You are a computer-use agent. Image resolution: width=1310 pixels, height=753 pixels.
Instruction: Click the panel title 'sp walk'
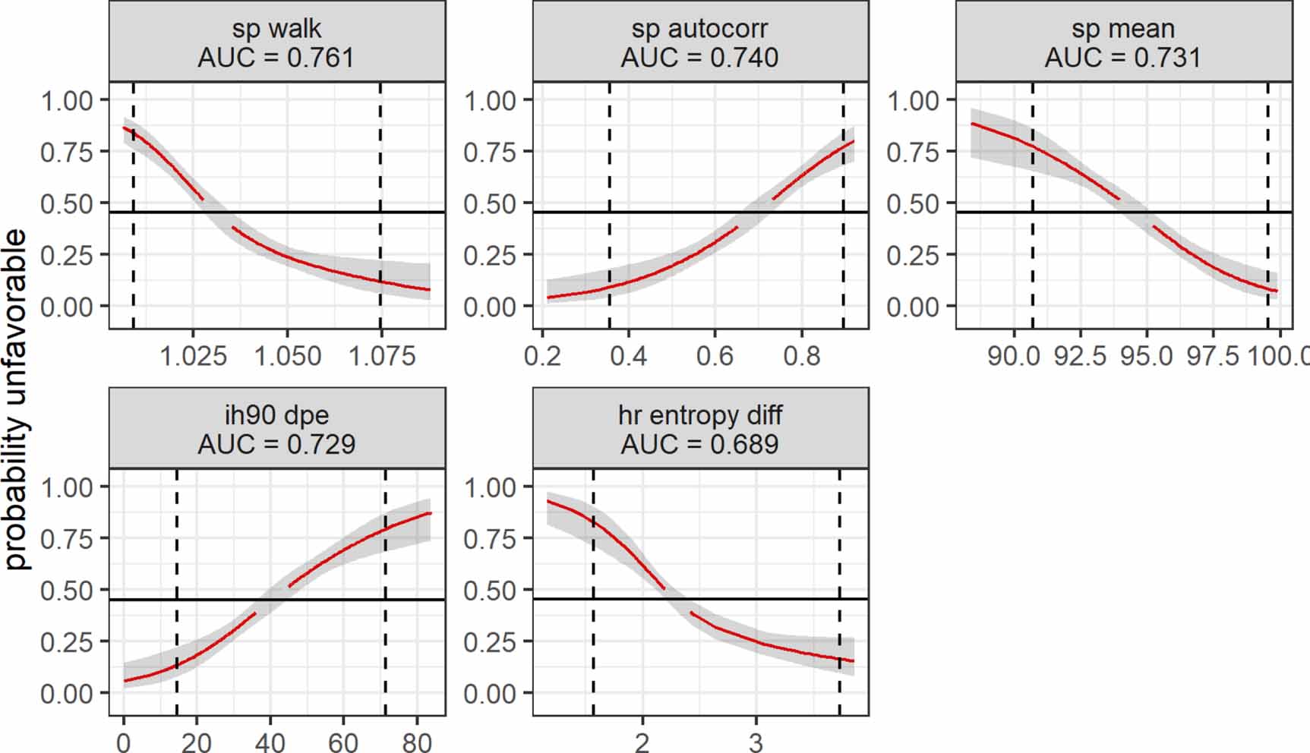276,29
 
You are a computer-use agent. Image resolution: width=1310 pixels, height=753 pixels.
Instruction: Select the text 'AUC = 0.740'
699,58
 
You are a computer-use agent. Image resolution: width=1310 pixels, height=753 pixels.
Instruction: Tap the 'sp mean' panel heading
1122,29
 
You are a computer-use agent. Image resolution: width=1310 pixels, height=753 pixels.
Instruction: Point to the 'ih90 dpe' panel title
276,415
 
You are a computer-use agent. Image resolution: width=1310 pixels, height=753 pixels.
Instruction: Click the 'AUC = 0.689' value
699,444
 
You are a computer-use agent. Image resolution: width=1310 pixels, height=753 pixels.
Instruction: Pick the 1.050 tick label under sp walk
287,355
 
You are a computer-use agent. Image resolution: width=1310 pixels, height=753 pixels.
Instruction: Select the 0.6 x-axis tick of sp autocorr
715,355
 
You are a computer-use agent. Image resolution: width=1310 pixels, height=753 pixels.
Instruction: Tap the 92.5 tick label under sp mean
1080,355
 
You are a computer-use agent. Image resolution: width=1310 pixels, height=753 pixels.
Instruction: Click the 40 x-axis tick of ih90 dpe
270,742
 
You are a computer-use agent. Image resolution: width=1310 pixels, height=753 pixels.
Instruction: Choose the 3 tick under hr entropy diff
756,742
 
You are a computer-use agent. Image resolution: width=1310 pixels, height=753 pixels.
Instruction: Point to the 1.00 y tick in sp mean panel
913,100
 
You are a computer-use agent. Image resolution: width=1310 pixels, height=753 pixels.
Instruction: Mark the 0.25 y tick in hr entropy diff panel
490,642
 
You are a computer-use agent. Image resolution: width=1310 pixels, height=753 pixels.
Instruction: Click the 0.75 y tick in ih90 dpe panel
66,539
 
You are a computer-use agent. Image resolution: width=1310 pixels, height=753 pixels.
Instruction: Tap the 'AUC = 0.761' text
276,58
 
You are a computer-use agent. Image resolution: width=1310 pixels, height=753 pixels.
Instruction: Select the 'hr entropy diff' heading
699,415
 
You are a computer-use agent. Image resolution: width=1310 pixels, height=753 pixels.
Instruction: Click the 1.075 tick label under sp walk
381,355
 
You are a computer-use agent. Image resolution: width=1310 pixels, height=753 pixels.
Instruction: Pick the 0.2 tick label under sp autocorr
542,355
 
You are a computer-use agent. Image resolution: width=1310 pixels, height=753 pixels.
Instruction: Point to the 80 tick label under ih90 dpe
417,742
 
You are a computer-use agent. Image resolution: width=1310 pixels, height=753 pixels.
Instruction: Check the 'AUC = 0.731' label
1122,58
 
